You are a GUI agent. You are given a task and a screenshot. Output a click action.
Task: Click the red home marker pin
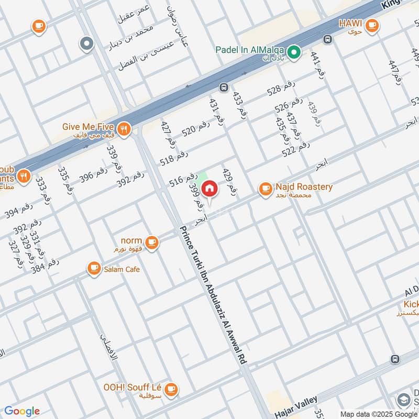point(210,188)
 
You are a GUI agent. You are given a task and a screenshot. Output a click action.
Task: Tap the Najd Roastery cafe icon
point(266,188)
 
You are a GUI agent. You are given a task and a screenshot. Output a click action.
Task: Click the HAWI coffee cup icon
point(372,25)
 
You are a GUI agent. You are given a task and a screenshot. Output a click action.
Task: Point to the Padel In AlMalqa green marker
point(294,51)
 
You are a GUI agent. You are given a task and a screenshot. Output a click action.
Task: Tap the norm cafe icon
point(152,242)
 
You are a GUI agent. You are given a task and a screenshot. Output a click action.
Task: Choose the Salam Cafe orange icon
point(94,269)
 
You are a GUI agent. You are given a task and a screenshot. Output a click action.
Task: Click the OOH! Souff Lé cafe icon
point(171,389)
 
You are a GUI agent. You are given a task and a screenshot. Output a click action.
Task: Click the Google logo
point(21,411)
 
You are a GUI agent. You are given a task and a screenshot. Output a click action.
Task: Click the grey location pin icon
point(86,44)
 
